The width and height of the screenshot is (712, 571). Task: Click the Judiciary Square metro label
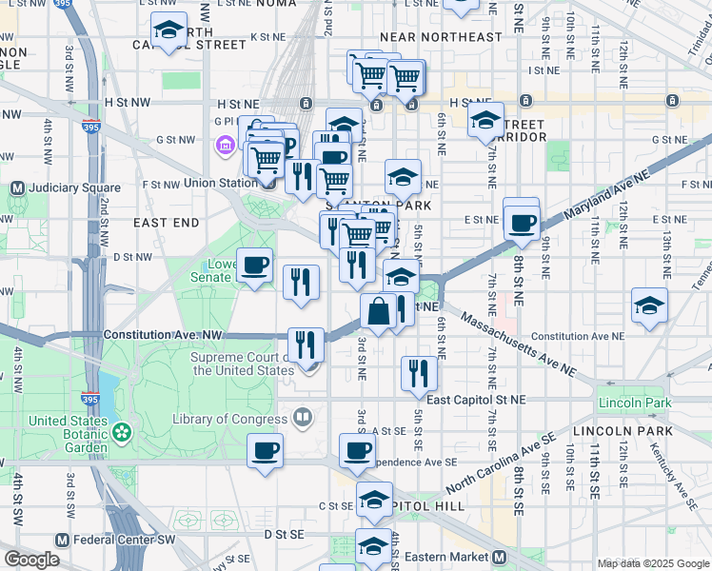pos(66,187)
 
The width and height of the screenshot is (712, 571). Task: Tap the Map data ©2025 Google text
pos(652,563)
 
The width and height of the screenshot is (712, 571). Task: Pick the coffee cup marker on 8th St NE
pos(521,223)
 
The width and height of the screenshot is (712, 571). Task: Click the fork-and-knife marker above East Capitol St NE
pos(418,374)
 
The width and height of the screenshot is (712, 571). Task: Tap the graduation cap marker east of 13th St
pos(649,305)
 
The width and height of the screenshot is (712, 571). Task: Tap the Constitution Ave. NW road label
pos(162,335)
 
